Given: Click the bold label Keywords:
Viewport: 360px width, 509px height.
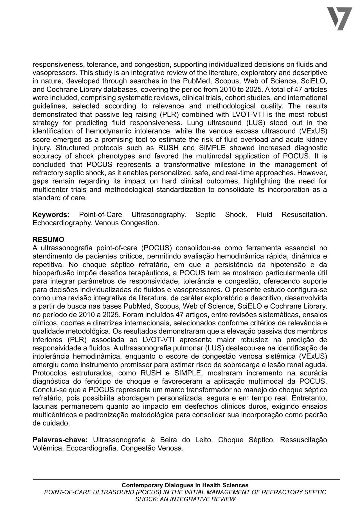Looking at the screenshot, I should point(51,215).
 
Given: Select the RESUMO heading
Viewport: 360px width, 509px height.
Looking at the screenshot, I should point(48,240).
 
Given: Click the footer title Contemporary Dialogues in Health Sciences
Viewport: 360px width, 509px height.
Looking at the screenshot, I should point(185,485).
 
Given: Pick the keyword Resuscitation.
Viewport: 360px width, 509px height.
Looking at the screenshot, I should point(304,215).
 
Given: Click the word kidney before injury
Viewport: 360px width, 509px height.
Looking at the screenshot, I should point(317,139).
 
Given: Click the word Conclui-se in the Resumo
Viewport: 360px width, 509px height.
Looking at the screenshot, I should point(47,390).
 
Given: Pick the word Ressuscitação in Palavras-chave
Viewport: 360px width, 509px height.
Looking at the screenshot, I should point(304,440).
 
